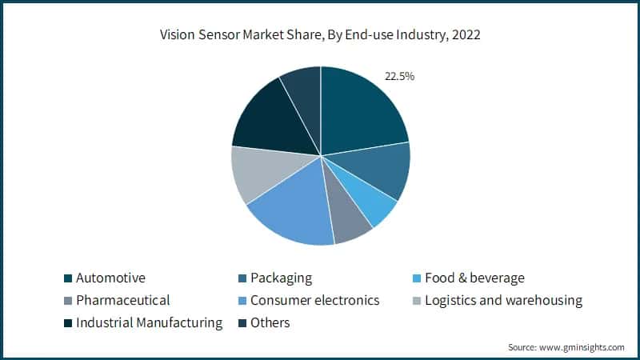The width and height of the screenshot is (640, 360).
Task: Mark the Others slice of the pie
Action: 304,94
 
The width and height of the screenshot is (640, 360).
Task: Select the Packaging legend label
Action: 281,278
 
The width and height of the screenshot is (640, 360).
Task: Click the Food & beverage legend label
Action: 475,278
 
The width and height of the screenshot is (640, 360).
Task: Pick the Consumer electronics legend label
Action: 314,301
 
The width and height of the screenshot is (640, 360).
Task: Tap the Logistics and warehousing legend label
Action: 503,301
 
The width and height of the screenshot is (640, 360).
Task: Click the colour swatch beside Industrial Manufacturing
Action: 68,324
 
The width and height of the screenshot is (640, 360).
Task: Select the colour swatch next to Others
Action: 242,324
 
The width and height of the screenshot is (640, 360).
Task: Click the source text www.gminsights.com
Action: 584,347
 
